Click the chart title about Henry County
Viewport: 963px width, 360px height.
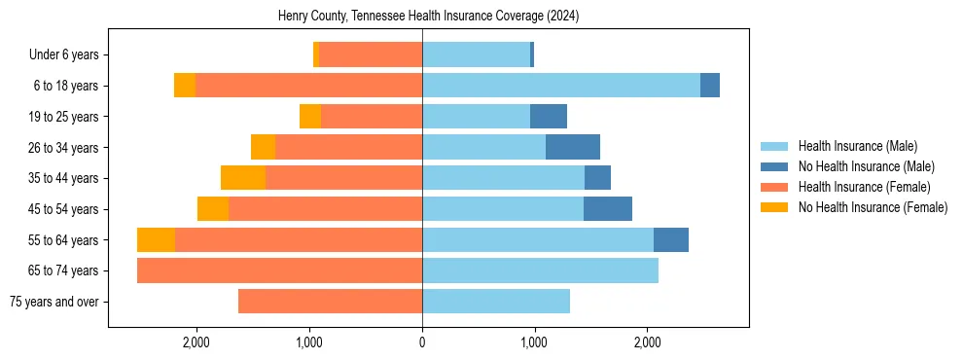click(x=421, y=16)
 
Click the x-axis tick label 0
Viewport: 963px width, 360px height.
click(x=421, y=342)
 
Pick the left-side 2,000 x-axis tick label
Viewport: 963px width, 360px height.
click(x=196, y=342)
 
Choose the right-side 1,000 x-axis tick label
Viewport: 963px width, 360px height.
click(x=534, y=342)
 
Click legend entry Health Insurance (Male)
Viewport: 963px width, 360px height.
click(x=857, y=146)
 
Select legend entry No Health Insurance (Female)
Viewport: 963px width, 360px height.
click(x=873, y=207)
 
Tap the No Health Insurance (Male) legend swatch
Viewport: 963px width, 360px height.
click(x=774, y=166)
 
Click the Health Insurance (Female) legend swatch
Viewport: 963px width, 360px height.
click(x=774, y=187)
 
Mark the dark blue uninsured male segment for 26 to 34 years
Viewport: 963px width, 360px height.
click(x=573, y=147)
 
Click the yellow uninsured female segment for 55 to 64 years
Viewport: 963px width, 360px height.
click(x=156, y=240)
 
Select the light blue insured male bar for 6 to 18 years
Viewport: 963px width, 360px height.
click(x=560, y=86)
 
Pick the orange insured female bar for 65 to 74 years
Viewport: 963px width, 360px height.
click(x=279, y=270)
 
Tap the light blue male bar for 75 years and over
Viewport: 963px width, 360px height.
click(x=495, y=302)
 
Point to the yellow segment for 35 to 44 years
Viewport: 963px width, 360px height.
click(x=243, y=178)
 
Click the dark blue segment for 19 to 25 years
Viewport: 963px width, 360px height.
click(x=549, y=117)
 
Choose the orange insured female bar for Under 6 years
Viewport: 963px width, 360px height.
click(x=370, y=55)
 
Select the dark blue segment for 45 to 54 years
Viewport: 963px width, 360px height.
click(x=608, y=209)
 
